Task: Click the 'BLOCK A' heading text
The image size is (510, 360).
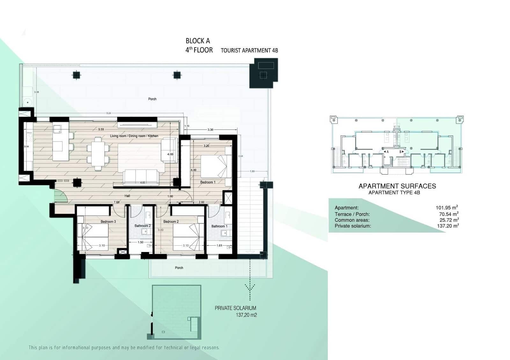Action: point(198,41)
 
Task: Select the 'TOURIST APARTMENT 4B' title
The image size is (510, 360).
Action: point(249,50)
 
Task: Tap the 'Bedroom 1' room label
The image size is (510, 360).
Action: point(208,182)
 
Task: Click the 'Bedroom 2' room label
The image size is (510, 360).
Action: point(171,221)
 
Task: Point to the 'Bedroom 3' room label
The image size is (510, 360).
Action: point(108,221)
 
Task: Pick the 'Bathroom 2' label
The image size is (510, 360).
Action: point(142,226)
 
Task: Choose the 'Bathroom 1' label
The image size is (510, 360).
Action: point(219,226)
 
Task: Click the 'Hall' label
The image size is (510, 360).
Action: point(127,196)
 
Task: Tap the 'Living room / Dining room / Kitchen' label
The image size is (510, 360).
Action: point(134,136)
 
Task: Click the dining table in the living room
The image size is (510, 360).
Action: point(98,154)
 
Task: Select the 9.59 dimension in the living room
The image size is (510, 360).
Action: point(101,129)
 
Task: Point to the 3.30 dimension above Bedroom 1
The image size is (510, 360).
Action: point(210,130)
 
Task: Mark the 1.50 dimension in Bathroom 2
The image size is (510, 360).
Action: point(141,242)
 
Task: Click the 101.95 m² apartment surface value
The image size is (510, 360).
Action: point(447,208)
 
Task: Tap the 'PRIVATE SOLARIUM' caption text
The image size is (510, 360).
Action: point(235,308)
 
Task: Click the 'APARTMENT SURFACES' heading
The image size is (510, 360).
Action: point(397,186)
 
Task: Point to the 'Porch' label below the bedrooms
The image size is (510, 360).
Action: point(179,268)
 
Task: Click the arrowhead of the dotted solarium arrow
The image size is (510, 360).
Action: point(250,287)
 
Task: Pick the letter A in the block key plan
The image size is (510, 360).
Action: point(388,152)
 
